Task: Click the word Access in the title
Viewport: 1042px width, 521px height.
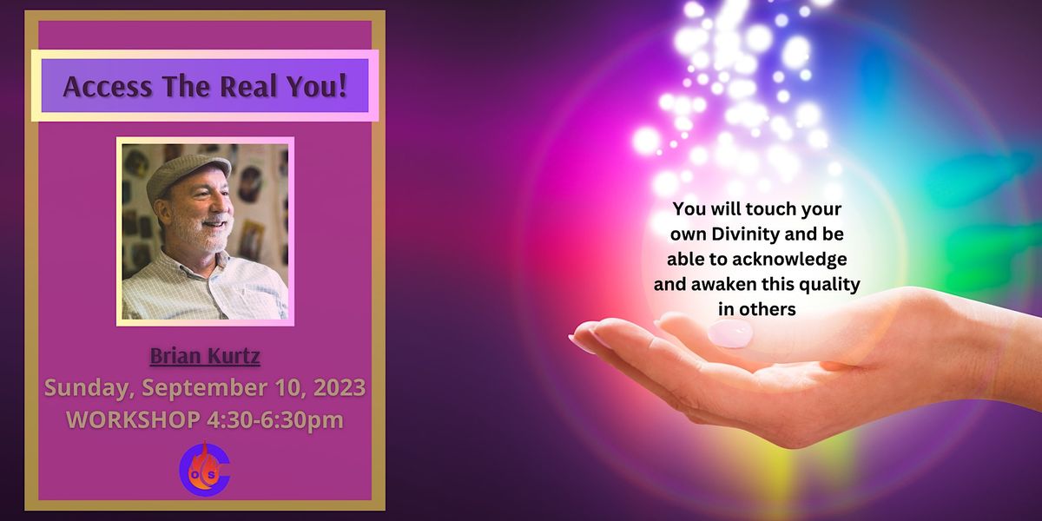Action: pos(102,87)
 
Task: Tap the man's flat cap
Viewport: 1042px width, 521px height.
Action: pos(186,170)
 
